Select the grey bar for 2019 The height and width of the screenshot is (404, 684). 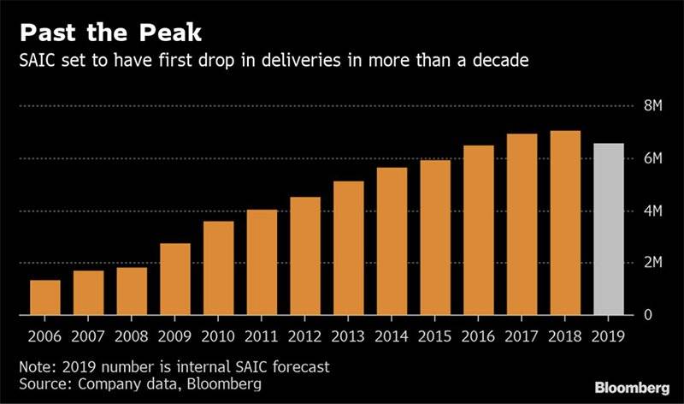pos(608,229)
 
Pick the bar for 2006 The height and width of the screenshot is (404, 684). pos(45,297)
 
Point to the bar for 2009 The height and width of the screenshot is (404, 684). pos(175,279)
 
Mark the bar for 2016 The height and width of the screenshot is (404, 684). pos(478,230)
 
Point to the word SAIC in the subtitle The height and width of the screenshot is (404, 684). pos(38,62)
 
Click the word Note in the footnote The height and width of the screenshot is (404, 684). pos(37,366)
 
